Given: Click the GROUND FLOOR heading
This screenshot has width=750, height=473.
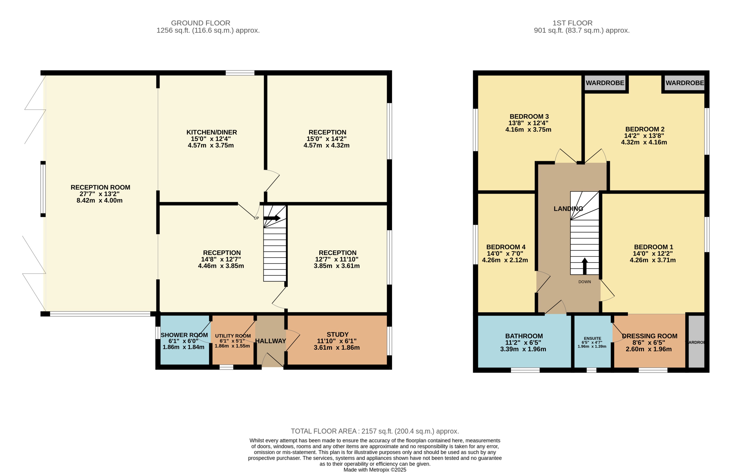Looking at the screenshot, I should click(201, 23).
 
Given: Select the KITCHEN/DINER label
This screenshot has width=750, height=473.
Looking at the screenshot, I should click(211, 132).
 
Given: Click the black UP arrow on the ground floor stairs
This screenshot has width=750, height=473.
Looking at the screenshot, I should click(271, 218).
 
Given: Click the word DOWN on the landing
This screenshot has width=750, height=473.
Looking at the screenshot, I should click(585, 282).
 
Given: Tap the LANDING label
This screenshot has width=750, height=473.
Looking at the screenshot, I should click(568, 209).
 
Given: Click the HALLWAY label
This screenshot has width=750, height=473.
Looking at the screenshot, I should click(270, 341).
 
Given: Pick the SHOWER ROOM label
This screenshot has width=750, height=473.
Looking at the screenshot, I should click(184, 335).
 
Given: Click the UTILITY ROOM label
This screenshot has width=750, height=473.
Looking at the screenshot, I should click(233, 336).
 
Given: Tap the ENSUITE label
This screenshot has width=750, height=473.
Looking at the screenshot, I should click(592, 338).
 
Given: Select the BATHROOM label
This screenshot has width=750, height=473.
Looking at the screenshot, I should click(524, 336).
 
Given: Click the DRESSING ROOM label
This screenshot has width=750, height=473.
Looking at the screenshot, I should click(649, 336).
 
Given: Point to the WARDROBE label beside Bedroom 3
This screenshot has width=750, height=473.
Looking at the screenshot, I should click(605, 83).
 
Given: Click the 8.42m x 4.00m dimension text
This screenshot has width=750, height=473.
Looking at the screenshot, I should click(99, 200).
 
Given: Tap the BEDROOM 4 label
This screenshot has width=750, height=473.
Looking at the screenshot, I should click(506, 247).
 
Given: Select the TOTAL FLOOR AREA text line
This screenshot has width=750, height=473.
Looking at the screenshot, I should click(375, 431).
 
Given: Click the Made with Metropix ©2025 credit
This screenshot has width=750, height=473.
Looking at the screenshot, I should click(375, 470).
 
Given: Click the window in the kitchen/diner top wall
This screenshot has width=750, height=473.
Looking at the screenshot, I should click(240, 73).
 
